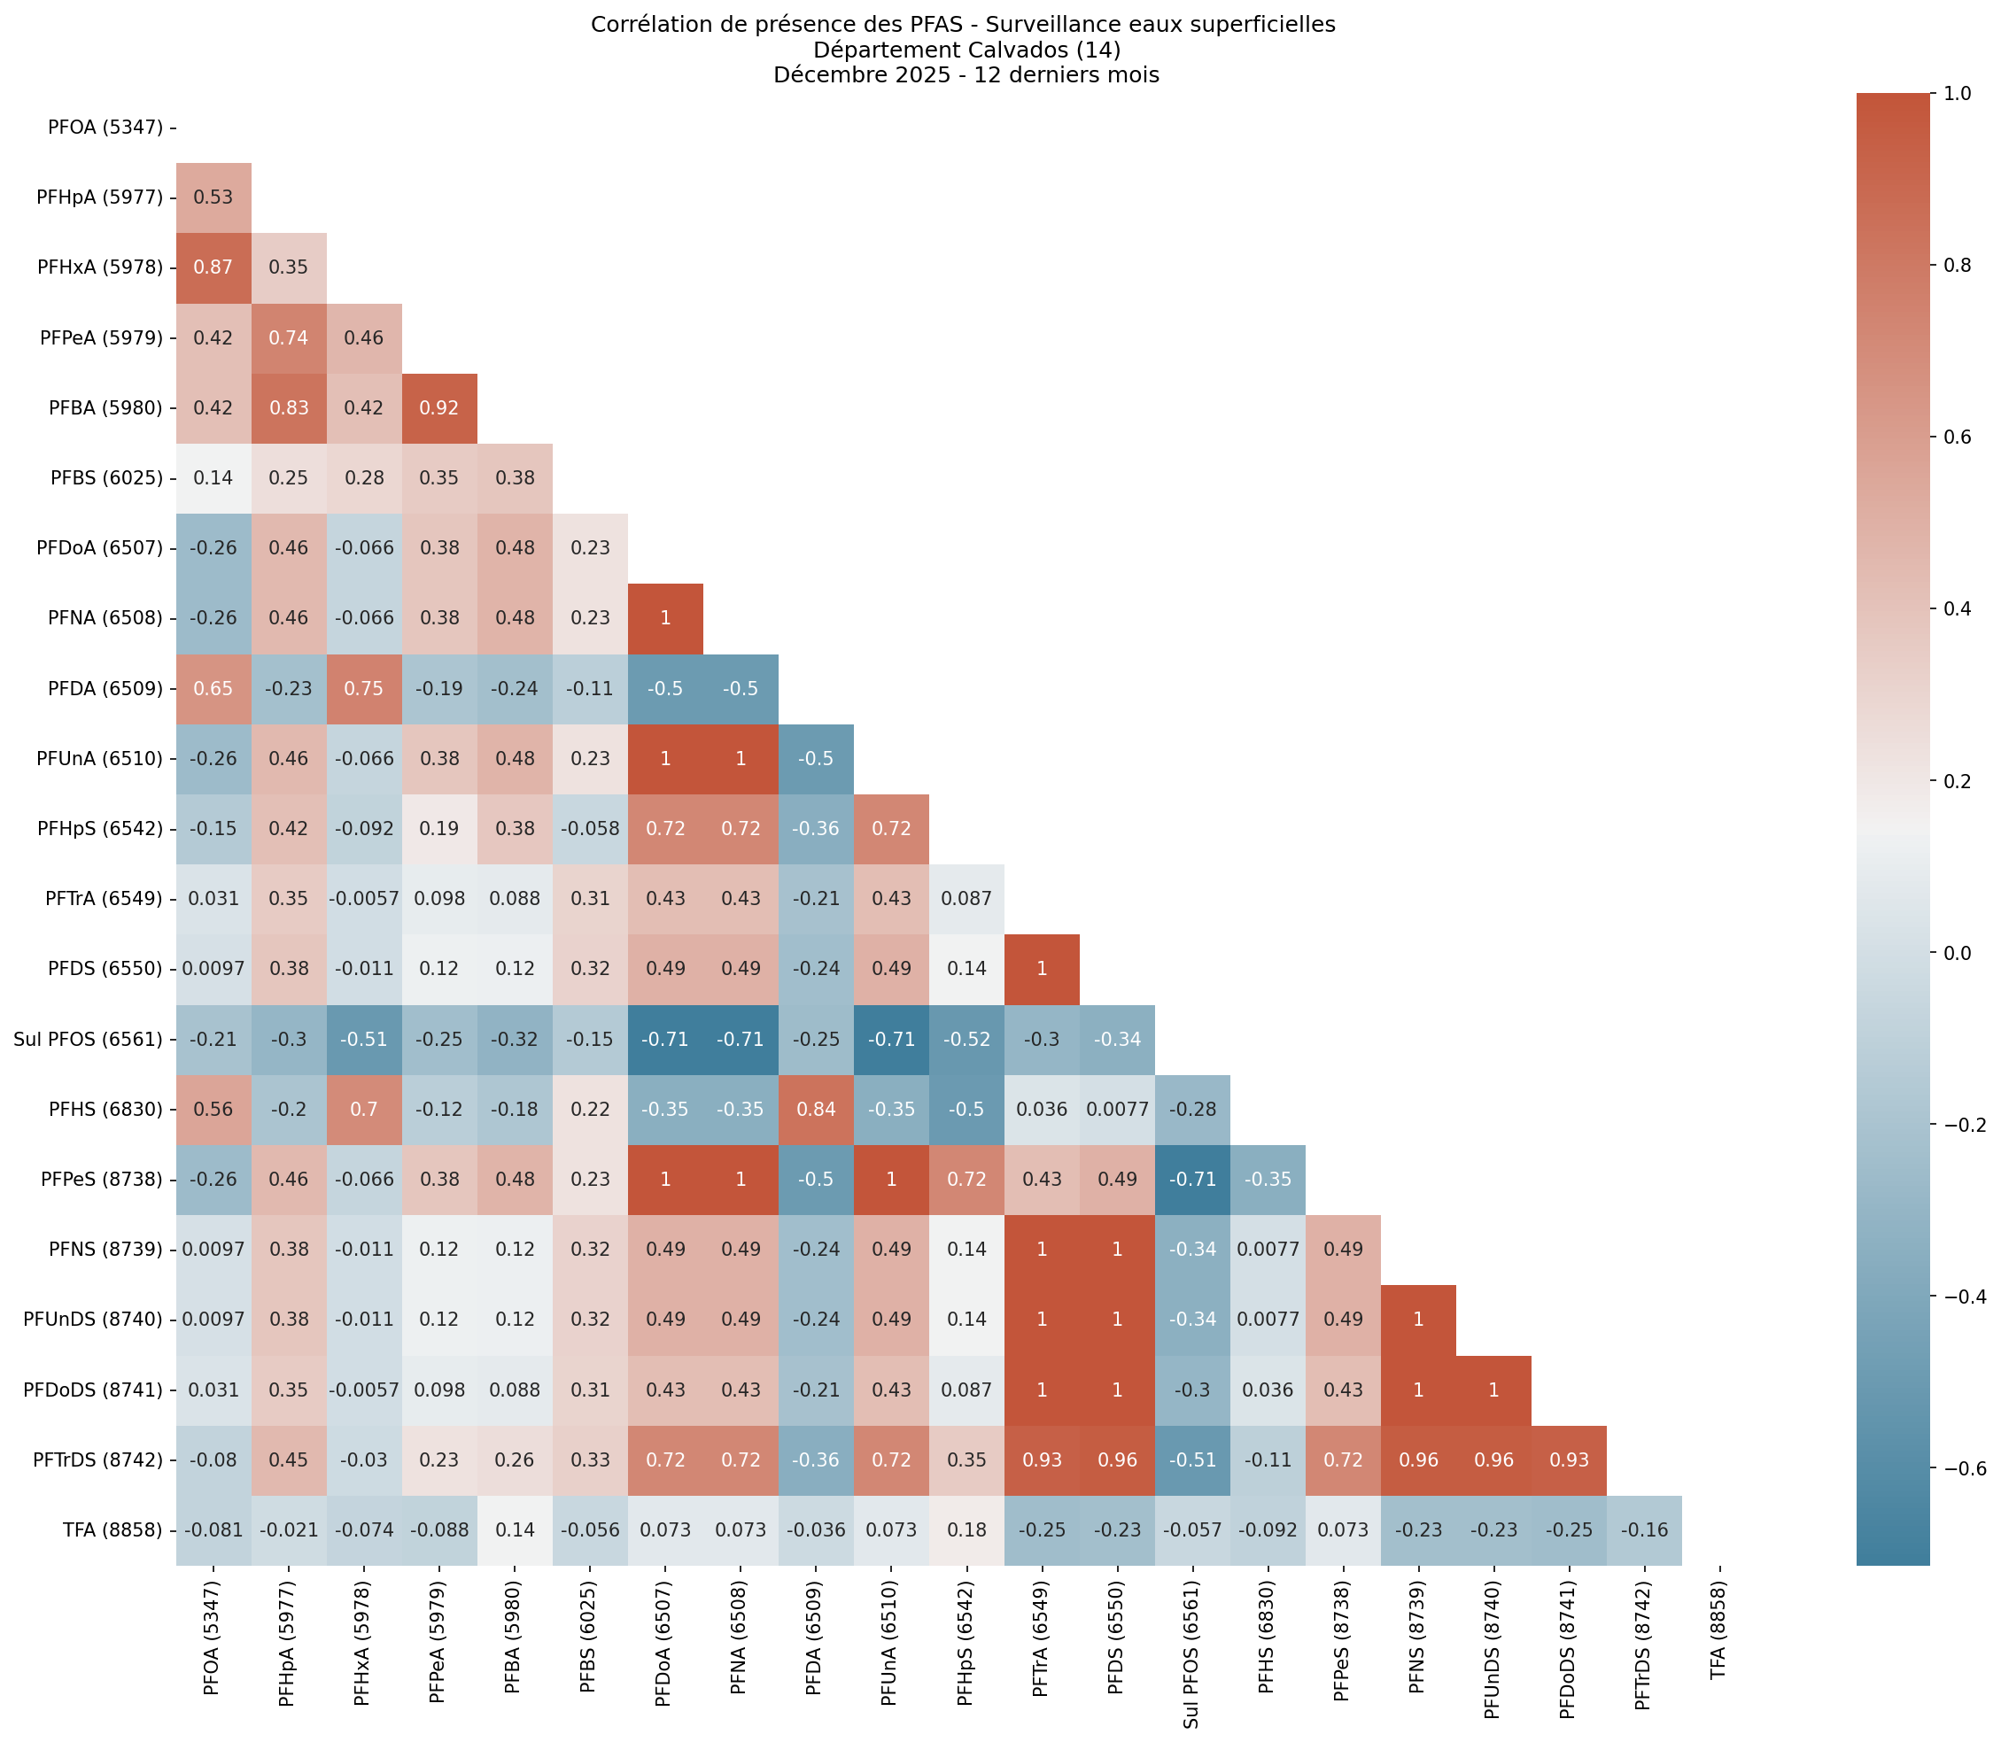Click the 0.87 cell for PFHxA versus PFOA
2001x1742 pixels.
213,267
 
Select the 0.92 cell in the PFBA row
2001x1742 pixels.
438,408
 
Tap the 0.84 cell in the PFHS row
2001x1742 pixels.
816,1109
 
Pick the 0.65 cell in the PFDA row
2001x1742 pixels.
213,688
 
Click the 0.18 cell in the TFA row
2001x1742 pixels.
966,1530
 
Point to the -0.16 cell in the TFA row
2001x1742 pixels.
1643,1530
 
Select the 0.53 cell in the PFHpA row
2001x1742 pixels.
213,197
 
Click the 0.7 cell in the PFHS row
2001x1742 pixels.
364,1109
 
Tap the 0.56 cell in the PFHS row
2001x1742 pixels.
213,1109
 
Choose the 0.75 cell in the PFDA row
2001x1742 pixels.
364,688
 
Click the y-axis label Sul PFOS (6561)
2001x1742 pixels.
89,1039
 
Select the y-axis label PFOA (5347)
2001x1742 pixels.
105,128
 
